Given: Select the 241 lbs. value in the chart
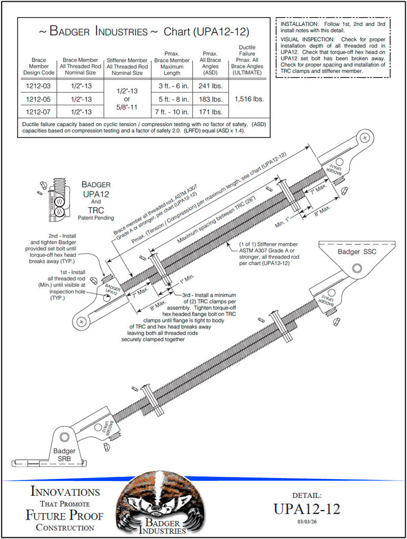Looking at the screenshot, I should (x=210, y=86).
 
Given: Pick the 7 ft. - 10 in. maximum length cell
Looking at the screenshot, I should (x=172, y=112).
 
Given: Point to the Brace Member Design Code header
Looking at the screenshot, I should (x=39, y=66).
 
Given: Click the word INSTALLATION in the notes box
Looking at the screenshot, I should (x=299, y=25).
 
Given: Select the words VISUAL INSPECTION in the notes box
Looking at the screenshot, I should (x=310, y=39).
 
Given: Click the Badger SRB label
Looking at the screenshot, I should (x=64, y=455).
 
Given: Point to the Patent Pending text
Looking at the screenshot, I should (x=95, y=217).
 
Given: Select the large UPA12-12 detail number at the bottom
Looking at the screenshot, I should (x=306, y=509).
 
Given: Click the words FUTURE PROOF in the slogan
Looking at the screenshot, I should (x=64, y=515).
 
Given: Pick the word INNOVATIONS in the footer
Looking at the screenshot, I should (x=65, y=492).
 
